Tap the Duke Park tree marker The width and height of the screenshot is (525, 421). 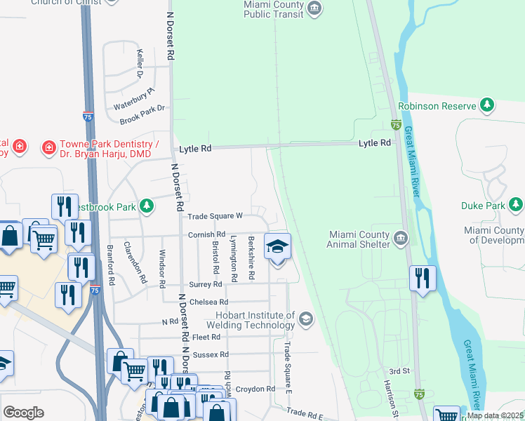[516, 206]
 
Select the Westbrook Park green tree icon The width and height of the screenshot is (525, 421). [147, 206]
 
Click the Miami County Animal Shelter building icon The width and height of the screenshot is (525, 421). [401, 237]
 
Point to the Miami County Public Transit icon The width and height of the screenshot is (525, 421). [315, 8]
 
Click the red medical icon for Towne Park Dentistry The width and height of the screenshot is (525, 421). [48, 147]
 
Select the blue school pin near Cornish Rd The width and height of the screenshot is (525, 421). [277, 247]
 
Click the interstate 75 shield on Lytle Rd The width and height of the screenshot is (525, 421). [396, 125]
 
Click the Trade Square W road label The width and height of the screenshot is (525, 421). [214, 216]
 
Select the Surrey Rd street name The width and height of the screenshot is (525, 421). [206, 285]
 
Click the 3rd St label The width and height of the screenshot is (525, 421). [398, 370]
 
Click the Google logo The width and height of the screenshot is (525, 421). [23, 413]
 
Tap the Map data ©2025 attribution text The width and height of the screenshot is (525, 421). [495, 415]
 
